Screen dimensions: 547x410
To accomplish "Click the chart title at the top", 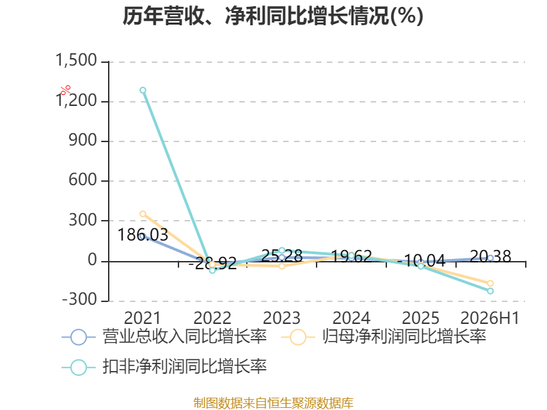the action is coord(273,16).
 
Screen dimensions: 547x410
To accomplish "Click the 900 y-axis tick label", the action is coord(83,140).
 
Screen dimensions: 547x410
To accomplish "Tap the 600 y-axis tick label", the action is coord(83,180).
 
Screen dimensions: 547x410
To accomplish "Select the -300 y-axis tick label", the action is coord(79,299).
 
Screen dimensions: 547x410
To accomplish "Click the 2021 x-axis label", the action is coord(142,318).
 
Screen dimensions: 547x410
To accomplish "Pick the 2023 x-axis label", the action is coord(282,318).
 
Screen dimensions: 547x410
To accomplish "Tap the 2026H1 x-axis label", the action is coord(490,318).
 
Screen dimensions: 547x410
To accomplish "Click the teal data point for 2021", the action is coord(143,90).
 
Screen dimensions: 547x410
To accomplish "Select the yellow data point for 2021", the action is coord(143,214).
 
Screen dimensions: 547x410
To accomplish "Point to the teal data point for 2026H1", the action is coord(490,291).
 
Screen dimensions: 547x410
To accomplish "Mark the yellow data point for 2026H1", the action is coord(490,283).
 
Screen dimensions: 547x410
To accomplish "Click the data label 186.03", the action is coord(143,234).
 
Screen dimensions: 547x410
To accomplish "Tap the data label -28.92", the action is coord(213,263).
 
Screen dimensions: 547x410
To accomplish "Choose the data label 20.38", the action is coord(490,257).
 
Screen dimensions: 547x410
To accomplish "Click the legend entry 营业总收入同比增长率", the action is coord(164,337).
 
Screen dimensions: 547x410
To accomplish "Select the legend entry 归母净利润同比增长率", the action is coord(384,337).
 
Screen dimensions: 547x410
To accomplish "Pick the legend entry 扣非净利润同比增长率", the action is coord(164,367).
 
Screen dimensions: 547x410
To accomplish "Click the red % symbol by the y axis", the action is coord(65,90).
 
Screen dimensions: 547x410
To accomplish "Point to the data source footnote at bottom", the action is coord(273,403).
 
